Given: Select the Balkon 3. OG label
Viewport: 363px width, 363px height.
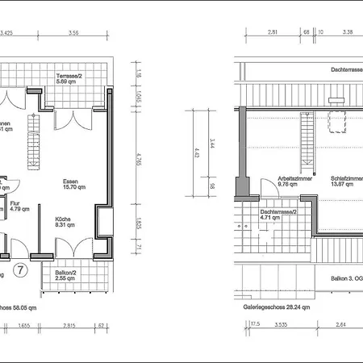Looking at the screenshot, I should click(x=345, y=278).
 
